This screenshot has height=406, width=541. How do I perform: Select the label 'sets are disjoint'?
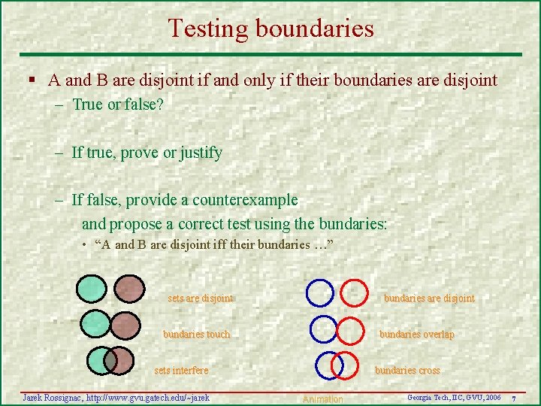click(x=200, y=298)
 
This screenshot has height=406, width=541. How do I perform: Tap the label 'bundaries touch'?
click(x=196, y=335)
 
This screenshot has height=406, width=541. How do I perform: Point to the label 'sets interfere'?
click(x=181, y=371)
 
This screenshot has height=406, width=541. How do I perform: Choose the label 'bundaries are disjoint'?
click(x=429, y=298)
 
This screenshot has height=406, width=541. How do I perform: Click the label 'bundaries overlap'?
click(x=416, y=335)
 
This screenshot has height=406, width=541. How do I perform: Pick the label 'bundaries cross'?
click(x=407, y=371)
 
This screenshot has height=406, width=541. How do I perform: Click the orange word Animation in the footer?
click(x=322, y=399)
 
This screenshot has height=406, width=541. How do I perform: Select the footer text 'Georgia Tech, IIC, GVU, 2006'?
click(x=454, y=396)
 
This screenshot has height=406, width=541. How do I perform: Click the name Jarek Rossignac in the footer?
click(x=53, y=397)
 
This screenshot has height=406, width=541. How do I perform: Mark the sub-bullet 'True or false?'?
click(x=118, y=105)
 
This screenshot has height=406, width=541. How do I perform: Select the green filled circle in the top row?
click(x=92, y=289)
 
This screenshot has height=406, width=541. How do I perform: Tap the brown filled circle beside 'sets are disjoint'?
click(x=130, y=289)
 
